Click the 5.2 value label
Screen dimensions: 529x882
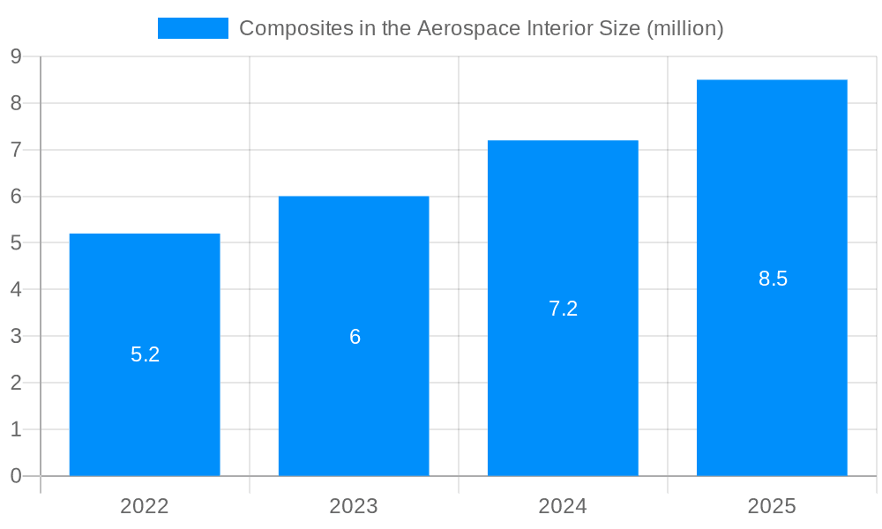pyautogui.click(x=145, y=354)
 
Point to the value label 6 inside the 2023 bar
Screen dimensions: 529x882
pyautogui.click(x=355, y=337)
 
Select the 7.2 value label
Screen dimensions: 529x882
pyautogui.click(x=563, y=309)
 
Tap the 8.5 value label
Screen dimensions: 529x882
pyautogui.click(x=773, y=279)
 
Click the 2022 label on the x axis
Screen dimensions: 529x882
pyautogui.click(x=145, y=506)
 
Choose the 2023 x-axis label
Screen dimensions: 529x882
pyautogui.click(x=354, y=506)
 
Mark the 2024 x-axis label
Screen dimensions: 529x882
pyautogui.click(x=563, y=506)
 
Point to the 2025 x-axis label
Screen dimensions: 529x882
pyautogui.click(x=772, y=506)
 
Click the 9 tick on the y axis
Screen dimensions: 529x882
pyautogui.click(x=16, y=56)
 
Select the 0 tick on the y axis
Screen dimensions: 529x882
pyautogui.click(x=16, y=476)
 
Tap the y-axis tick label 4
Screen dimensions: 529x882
pyautogui.click(x=16, y=289)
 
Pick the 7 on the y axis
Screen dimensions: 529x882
pyautogui.click(x=16, y=150)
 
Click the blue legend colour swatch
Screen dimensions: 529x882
pyautogui.click(x=192, y=28)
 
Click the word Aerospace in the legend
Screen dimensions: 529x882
pyautogui.click(x=464, y=28)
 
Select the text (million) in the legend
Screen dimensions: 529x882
pyautogui.click(x=685, y=28)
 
